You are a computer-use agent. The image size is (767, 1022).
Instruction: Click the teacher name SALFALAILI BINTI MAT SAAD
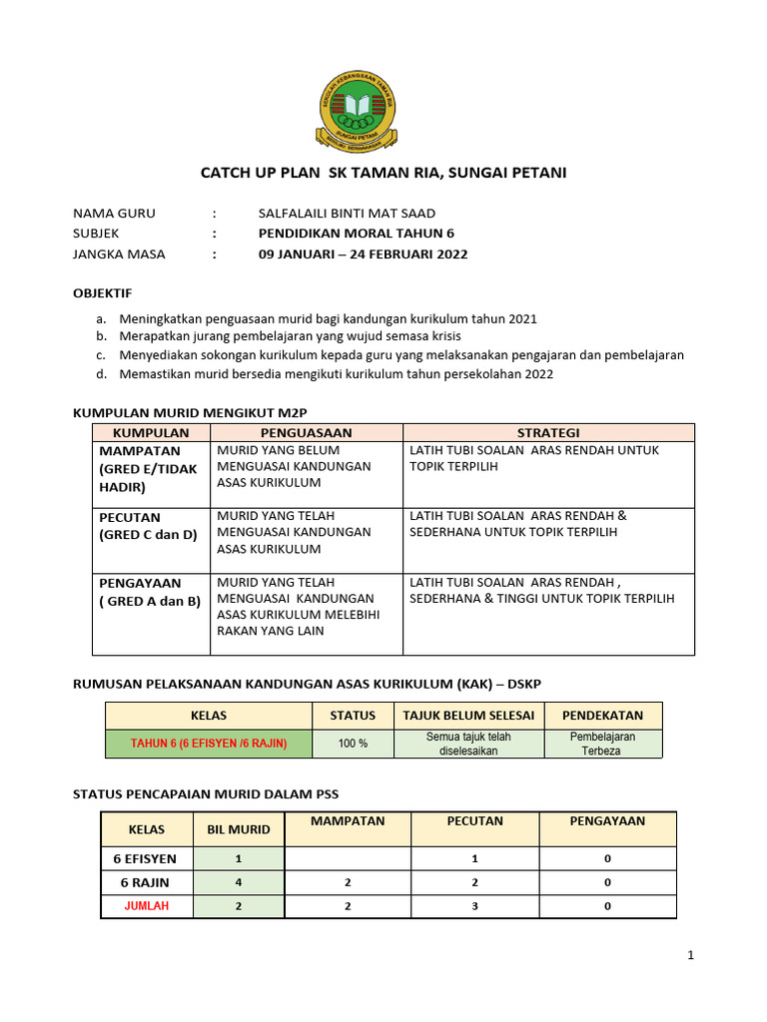pyautogui.click(x=347, y=214)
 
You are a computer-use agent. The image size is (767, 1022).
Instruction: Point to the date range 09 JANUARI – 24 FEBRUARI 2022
pyautogui.click(x=363, y=254)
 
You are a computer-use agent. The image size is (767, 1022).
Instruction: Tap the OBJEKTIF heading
pyautogui.click(x=103, y=293)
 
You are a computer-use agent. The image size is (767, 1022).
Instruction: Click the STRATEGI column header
pyautogui.click(x=548, y=432)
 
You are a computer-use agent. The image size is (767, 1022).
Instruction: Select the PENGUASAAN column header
pyautogui.click(x=306, y=432)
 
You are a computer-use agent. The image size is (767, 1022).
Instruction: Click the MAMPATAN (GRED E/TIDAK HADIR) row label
pyautogui.click(x=148, y=469)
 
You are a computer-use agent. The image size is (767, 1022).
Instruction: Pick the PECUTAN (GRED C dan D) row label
pyautogui.click(x=148, y=525)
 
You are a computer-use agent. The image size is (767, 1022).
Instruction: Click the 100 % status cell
pyautogui.click(x=353, y=744)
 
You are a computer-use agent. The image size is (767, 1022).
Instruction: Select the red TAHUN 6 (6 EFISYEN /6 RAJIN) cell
pyautogui.click(x=209, y=744)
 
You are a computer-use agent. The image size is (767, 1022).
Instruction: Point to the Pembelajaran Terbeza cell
pyautogui.click(x=602, y=744)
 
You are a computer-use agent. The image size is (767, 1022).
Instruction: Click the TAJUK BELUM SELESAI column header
pyautogui.click(x=468, y=716)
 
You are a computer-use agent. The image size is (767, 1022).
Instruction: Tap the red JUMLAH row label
pyautogui.click(x=146, y=906)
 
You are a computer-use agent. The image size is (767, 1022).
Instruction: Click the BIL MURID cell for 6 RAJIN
pyautogui.click(x=238, y=882)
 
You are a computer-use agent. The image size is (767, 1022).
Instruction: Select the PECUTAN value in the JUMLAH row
pyautogui.click(x=475, y=906)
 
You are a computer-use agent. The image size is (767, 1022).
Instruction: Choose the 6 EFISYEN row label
pyautogui.click(x=146, y=858)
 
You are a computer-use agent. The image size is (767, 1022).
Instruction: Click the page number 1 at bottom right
pyautogui.click(x=690, y=955)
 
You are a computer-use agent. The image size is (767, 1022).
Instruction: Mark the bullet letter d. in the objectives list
pyautogui.click(x=102, y=374)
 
